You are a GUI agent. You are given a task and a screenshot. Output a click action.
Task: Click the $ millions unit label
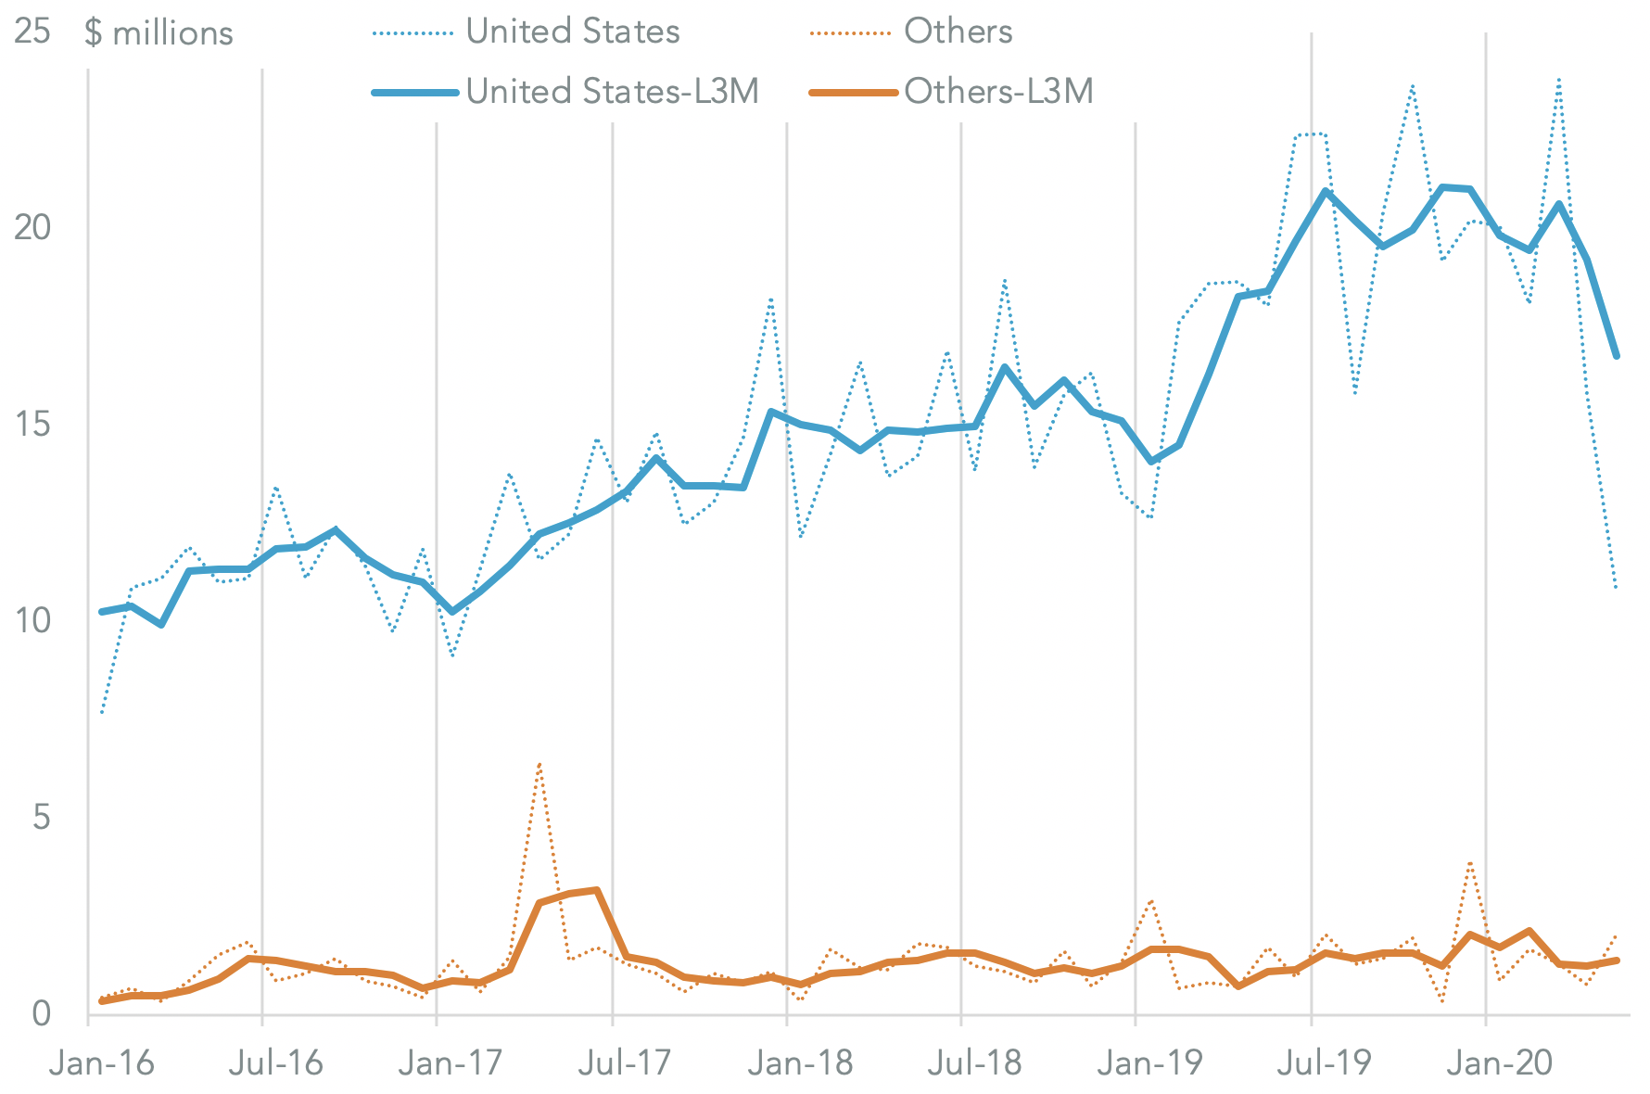click(x=159, y=33)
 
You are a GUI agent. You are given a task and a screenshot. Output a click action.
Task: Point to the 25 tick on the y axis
click(x=32, y=32)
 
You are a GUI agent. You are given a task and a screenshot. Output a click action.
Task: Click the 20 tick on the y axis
click(x=32, y=227)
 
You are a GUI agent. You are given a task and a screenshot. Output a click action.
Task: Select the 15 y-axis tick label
click(x=32, y=425)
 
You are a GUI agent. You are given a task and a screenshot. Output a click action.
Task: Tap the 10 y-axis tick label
click(x=32, y=620)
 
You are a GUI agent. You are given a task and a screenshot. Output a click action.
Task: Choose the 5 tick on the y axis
click(x=41, y=818)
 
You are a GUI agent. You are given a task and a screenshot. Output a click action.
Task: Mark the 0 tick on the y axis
click(x=41, y=1013)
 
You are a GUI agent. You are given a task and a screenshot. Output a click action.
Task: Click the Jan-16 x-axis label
click(x=102, y=1062)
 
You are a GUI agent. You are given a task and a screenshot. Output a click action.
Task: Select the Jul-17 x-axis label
click(x=624, y=1062)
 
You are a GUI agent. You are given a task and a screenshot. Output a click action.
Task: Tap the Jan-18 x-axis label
click(x=800, y=1062)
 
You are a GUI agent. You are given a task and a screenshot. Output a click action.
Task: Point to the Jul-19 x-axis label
click(x=1323, y=1062)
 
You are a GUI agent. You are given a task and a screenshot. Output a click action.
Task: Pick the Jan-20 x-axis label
click(x=1499, y=1062)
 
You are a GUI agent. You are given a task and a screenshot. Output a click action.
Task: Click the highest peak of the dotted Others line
click(x=539, y=764)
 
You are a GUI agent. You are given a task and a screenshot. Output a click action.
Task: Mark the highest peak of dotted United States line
click(x=1560, y=79)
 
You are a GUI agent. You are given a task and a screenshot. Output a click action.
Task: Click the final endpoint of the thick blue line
click(x=1617, y=356)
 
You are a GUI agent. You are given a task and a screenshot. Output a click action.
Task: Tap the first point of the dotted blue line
click(x=101, y=713)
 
